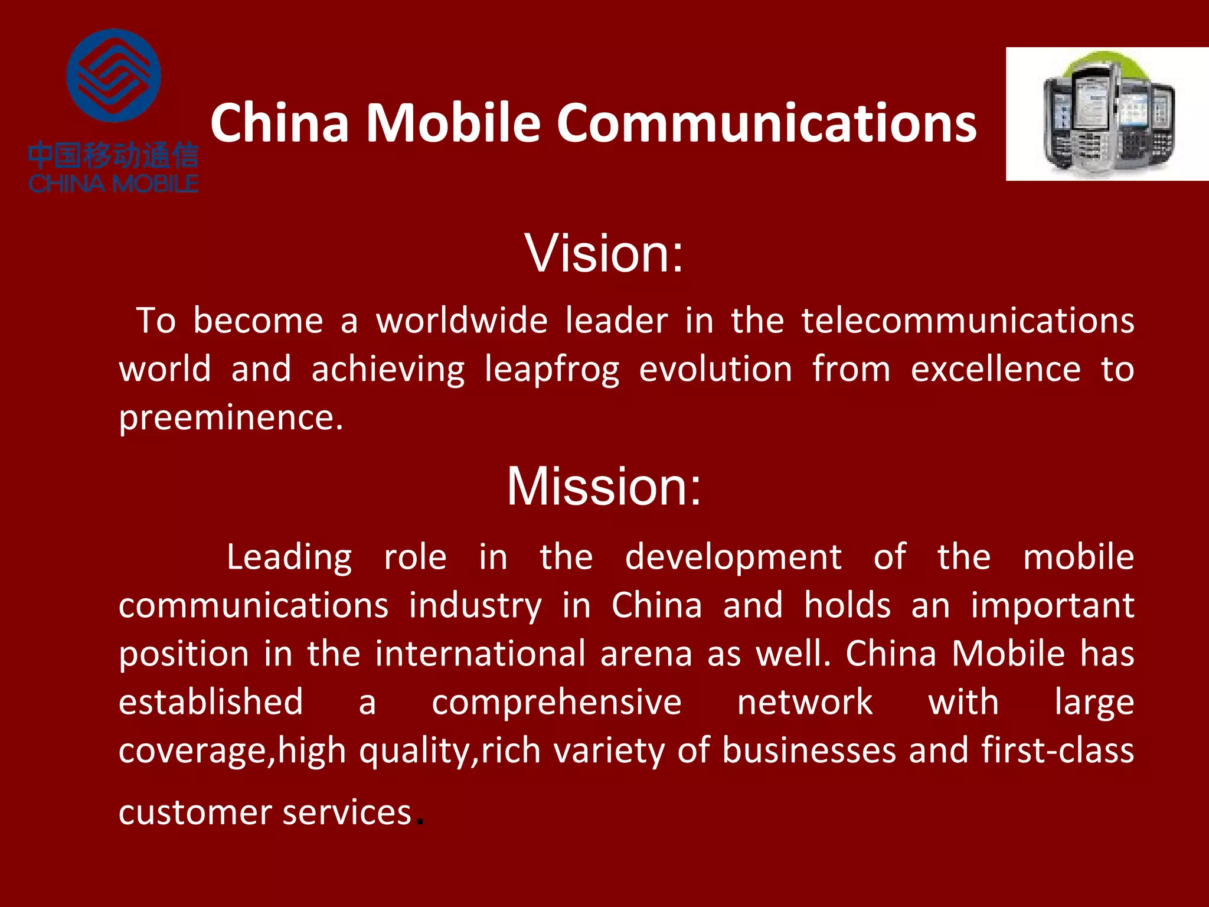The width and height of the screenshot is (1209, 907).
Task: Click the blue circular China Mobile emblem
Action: pos(113,76)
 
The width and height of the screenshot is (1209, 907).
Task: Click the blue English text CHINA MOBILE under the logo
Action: pos(113,184)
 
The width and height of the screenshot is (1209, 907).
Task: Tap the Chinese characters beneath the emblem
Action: pos(113,156)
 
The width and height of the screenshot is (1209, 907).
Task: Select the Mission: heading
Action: pos(604,486)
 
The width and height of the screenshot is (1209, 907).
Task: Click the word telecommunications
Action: pos(968,321)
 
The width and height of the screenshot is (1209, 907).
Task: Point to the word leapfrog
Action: pos(552,370)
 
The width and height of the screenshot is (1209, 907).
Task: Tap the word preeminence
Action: pos(231,419)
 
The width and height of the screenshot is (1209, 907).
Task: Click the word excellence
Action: pos(995,369)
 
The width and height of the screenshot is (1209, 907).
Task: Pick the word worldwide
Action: pos(462,321)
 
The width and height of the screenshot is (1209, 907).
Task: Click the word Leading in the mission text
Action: pos(289,557)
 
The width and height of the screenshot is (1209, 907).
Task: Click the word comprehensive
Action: pos(557,703)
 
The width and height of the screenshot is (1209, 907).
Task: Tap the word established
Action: pos(211,702)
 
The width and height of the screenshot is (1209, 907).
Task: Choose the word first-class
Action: pos(1057,751)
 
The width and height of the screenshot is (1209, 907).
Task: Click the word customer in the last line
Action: pos(193,813)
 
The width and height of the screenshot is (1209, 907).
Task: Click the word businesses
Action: pos(809,751)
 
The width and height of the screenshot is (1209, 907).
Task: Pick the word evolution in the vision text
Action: pos(715,369)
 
